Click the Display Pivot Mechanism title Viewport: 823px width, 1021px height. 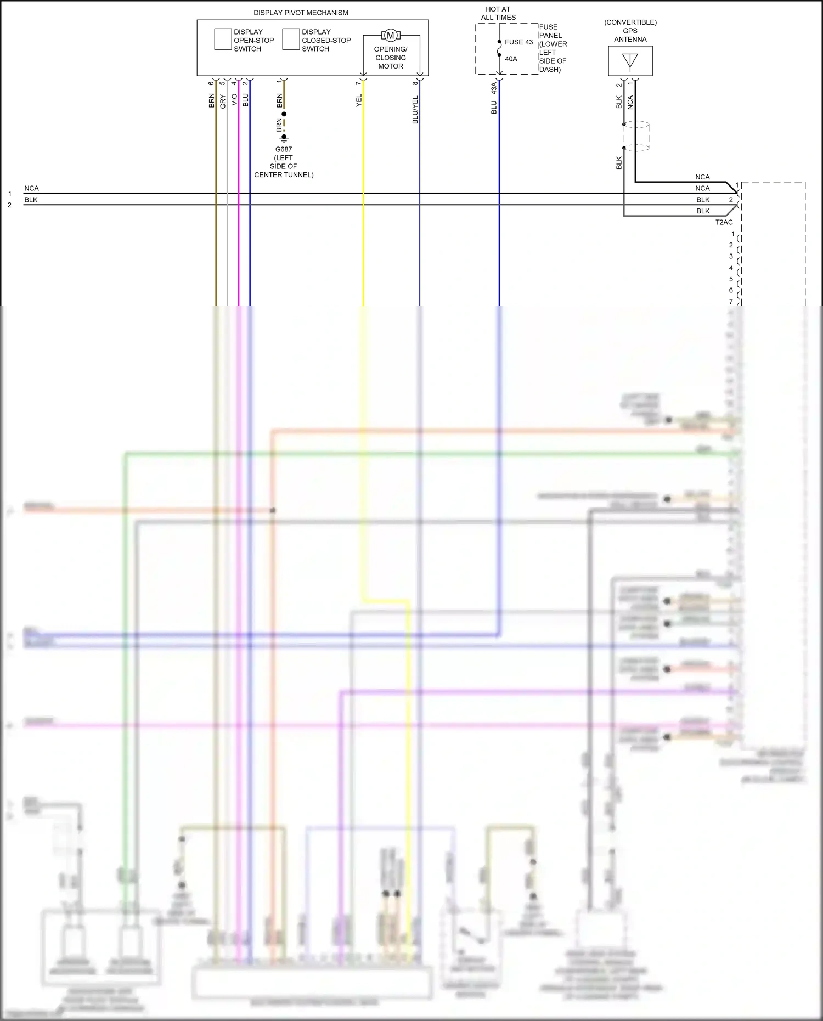[301, 13]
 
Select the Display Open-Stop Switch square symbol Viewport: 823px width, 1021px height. [223, 40]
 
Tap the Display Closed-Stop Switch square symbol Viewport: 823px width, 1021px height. [291, 40]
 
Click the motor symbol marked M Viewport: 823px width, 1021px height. [391, 36]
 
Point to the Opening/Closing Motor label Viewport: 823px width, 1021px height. [391, 58]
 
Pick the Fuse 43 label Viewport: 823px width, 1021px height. [518, 42]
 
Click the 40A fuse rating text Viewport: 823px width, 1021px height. [511, 59]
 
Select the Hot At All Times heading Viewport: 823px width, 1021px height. [498, 13]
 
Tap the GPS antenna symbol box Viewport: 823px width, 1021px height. [630, 61]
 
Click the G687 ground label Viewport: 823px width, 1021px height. [284, 149]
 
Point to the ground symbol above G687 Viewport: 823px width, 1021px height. [284, 138]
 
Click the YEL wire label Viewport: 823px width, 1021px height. [359, 100]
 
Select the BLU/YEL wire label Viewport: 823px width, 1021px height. [415, 110]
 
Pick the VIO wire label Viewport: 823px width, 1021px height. [234, 100]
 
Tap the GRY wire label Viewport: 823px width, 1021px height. [223, 101]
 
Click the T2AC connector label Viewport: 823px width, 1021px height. [724, 223]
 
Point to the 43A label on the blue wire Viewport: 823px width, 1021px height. [494, 88]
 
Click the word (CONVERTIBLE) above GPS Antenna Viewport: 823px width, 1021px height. [630, 22]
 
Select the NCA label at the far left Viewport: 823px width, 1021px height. [31, 188]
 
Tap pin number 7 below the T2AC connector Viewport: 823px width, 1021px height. [731, 302]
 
